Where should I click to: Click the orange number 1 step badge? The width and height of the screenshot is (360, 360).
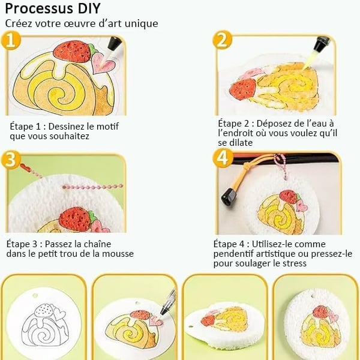11,41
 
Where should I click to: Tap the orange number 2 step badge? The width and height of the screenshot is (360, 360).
222,40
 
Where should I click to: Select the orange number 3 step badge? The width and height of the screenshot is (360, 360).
11,160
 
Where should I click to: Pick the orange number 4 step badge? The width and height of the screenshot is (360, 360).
223,158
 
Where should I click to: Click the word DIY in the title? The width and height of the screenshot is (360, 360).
89,8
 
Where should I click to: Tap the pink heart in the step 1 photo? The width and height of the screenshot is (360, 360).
103,62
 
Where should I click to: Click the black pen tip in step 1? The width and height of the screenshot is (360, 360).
114,43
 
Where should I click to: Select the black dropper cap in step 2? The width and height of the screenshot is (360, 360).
322,44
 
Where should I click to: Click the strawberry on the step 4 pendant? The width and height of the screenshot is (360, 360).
289,197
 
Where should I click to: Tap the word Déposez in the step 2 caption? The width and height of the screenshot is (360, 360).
272,124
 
